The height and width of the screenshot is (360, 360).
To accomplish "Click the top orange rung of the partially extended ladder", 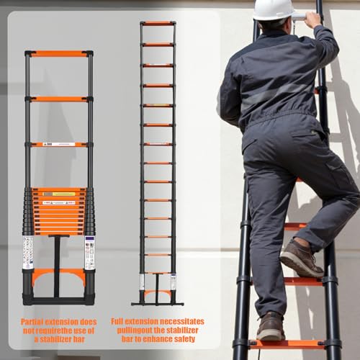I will (x=58, y=53).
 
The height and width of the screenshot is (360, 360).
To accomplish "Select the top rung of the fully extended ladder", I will (x=158, y=24).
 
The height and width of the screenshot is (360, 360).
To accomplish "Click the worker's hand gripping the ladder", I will (x=314, y=19).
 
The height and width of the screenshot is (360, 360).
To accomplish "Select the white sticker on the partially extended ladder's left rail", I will (x=27, y=251).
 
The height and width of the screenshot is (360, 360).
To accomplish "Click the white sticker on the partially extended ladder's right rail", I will (x=89, y=251).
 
